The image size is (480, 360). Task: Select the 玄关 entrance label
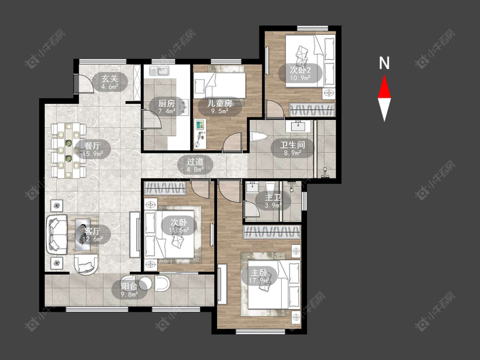[110, 78]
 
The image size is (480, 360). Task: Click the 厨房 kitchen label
[166, 103]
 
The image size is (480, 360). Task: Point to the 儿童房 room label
[220, 103]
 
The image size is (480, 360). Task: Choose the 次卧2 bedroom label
[300, 70]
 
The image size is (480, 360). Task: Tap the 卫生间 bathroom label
[293, 145]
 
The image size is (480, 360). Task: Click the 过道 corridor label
[195, 161]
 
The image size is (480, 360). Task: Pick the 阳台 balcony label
[129, 287]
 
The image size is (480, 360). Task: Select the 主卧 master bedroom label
[259, 273]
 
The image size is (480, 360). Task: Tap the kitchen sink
[159, 71]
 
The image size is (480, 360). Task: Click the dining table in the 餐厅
[69, 150]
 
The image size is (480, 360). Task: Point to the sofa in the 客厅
[57, 234]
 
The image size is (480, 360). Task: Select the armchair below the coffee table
[86, 264]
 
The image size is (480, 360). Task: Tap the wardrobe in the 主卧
[271, 232]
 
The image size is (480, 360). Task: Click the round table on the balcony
[145, 284]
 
